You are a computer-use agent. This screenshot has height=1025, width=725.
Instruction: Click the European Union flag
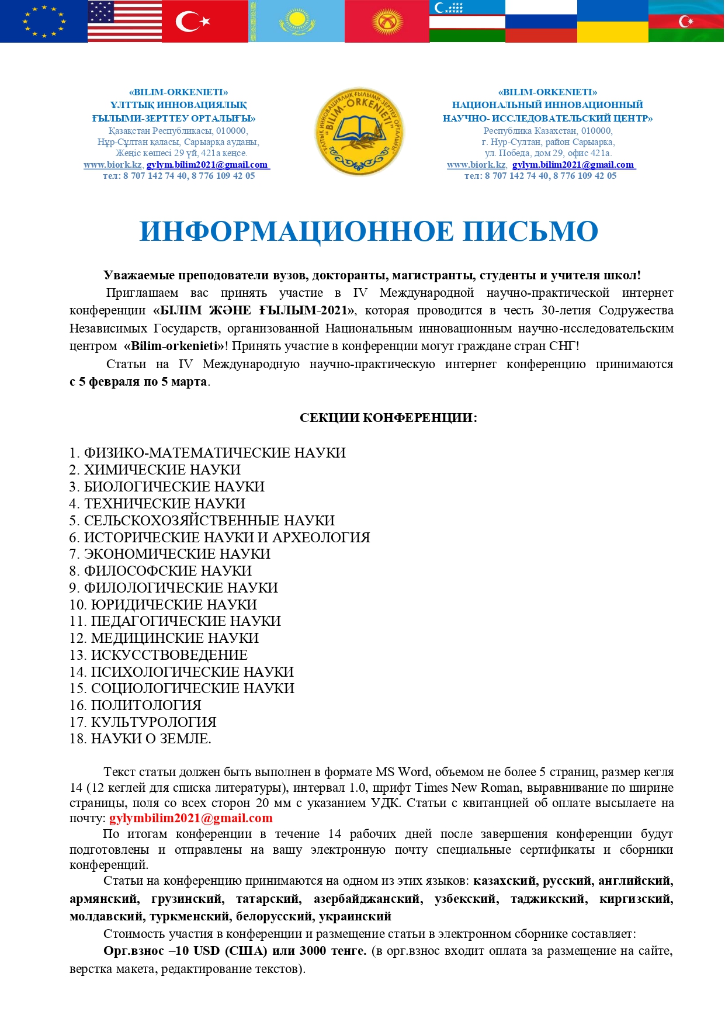coord(44,21)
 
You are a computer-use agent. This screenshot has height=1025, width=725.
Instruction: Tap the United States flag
coord(124,21)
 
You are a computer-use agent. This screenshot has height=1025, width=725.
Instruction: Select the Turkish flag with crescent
coord(204,21)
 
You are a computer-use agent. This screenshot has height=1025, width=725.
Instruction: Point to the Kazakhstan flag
coord(297,21)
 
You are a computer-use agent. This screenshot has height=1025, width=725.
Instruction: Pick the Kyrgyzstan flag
coord(387,21)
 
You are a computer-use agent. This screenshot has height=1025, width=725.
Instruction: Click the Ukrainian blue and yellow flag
coord(612,21)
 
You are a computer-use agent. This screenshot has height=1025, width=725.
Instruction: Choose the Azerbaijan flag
coord(686,21)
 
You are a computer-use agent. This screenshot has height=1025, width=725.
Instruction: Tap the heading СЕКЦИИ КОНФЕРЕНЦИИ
coord(388,418)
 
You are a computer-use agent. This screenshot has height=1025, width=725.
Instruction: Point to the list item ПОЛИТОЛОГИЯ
coord(146,705)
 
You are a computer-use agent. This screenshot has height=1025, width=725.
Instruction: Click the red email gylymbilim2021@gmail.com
coord(191,818)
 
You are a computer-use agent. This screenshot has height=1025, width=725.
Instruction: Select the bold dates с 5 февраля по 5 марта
coord(138,382)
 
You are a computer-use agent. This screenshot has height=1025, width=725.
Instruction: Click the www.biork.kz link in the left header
coord(112,165)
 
